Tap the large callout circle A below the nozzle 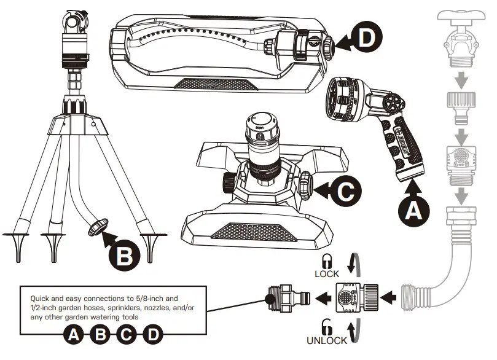tap(412, 211)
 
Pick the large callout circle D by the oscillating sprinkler tap(366, 38)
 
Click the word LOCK tap(327, 273)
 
